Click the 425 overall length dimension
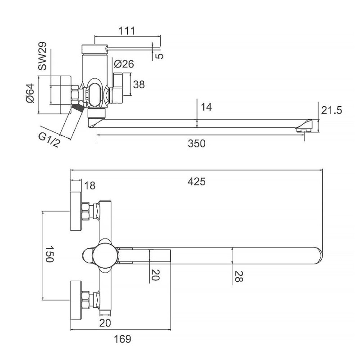coord(197,182)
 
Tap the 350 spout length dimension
coord(197,144)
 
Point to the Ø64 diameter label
coord(30,94)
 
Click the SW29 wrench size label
coord(42,59)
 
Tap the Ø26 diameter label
coord(124,64)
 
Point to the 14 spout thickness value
coord(207,107)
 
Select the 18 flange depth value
coord(90,185)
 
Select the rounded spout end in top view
coord(317,256)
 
